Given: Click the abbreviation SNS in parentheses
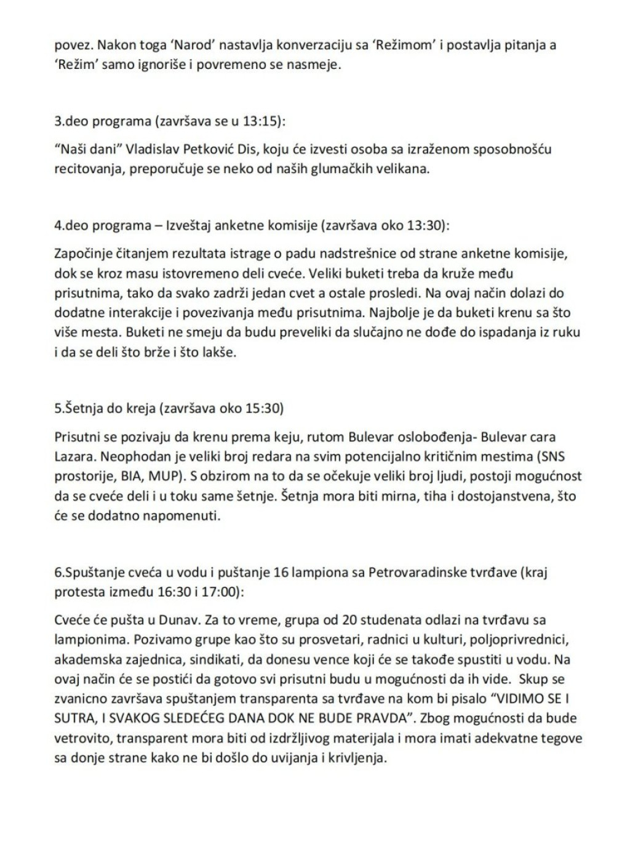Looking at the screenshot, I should pos(549,457).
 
